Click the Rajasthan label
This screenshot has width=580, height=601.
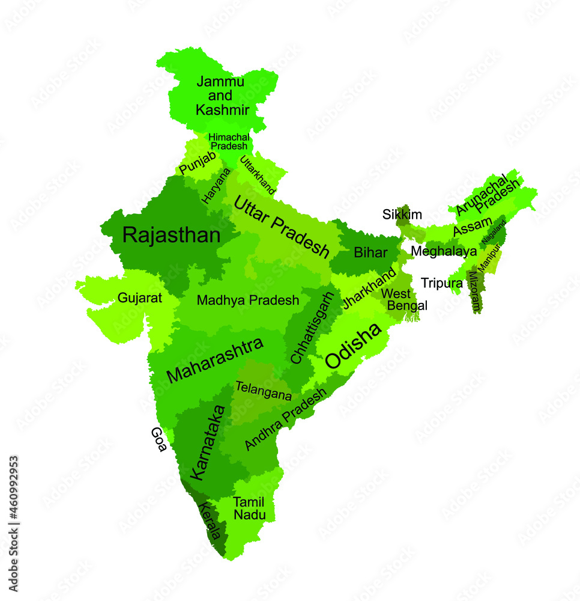[x=171, y=235]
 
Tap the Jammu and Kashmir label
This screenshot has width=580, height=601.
[x=222, y=96]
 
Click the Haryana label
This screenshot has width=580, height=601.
[x=216, y=186]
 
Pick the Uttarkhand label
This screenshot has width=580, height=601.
[x=258, y=175]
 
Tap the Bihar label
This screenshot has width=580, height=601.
[x=370, y=252]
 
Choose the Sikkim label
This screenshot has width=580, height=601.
[x=402, y=215]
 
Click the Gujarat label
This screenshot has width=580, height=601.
[x=140, y=298]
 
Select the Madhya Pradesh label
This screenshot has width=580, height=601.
[x=247, y=300]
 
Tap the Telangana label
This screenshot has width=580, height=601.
[x=264, y=391]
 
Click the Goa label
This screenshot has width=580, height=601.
[x=159, y=439]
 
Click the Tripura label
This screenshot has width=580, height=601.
[x=441, y=283]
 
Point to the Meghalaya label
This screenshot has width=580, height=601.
[x=444, y=251]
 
